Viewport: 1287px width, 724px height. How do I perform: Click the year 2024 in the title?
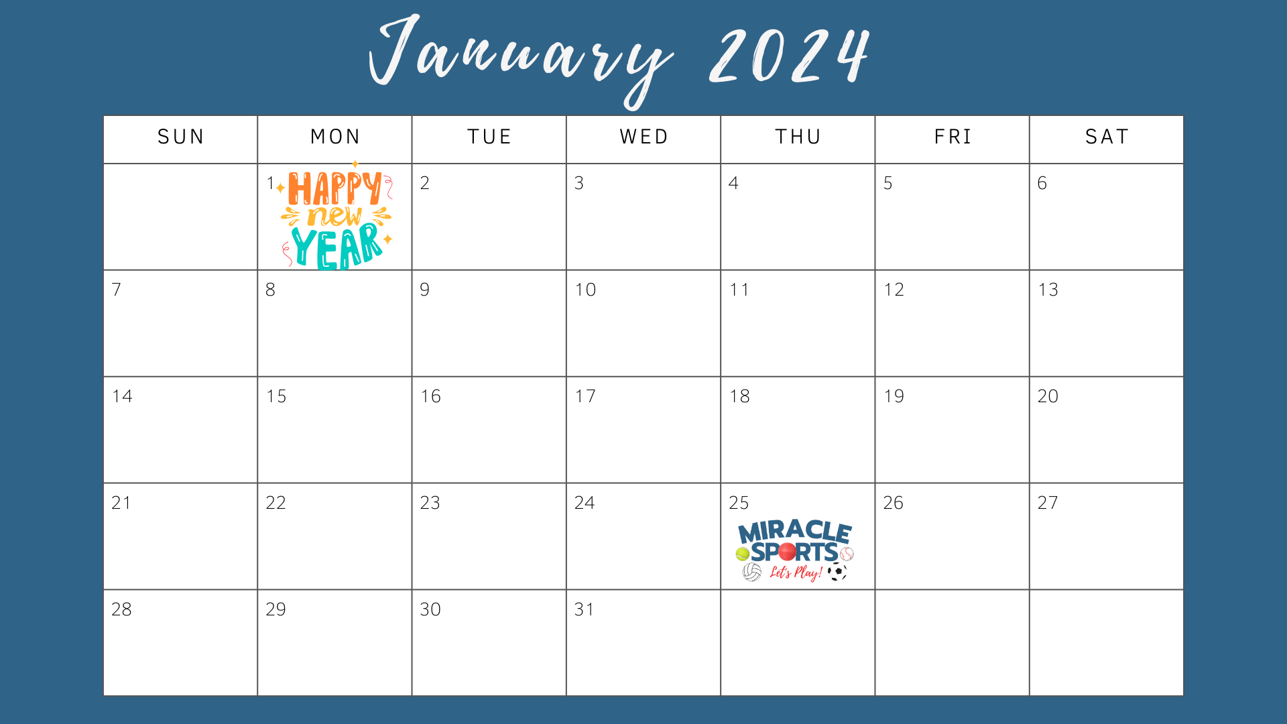[790, 56]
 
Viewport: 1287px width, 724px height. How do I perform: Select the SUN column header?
[181, 137]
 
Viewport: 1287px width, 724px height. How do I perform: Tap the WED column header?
[644, 137]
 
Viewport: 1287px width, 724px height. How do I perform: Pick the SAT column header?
[1107, 137]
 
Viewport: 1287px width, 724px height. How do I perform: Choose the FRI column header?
[953, 137]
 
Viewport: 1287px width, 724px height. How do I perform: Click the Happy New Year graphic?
[336, 216]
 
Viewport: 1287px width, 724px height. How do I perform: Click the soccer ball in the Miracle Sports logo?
[837, 572]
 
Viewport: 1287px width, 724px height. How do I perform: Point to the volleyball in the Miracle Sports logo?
[752, 572]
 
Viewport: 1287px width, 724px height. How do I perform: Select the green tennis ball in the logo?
[742, 554]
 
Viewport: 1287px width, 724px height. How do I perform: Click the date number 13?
[1048, 290]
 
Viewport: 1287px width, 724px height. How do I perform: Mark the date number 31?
[584, 609]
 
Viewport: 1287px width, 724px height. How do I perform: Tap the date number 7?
[117, 290]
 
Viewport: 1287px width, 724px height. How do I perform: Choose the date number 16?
[430, 396]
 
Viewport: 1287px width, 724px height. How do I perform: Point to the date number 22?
[275, 503]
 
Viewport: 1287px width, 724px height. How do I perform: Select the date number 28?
[121, 609]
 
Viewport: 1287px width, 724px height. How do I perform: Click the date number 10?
[585, 290]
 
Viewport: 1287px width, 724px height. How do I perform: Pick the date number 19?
[894, 396]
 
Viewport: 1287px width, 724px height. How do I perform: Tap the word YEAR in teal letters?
[337, 247]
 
